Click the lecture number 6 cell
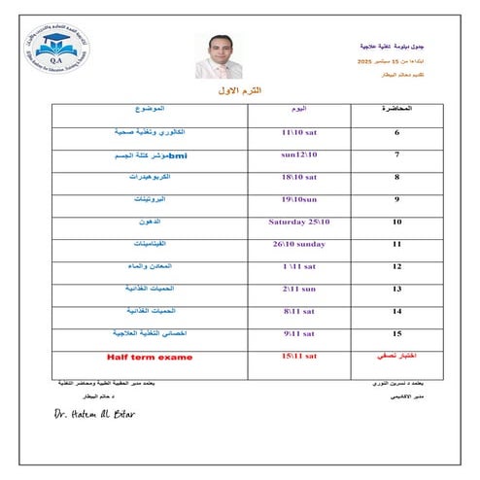[396, 131]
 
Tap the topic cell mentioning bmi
[163, 154]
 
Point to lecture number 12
[396, 266]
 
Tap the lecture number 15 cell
[396, 334]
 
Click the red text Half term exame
[150, 357]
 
